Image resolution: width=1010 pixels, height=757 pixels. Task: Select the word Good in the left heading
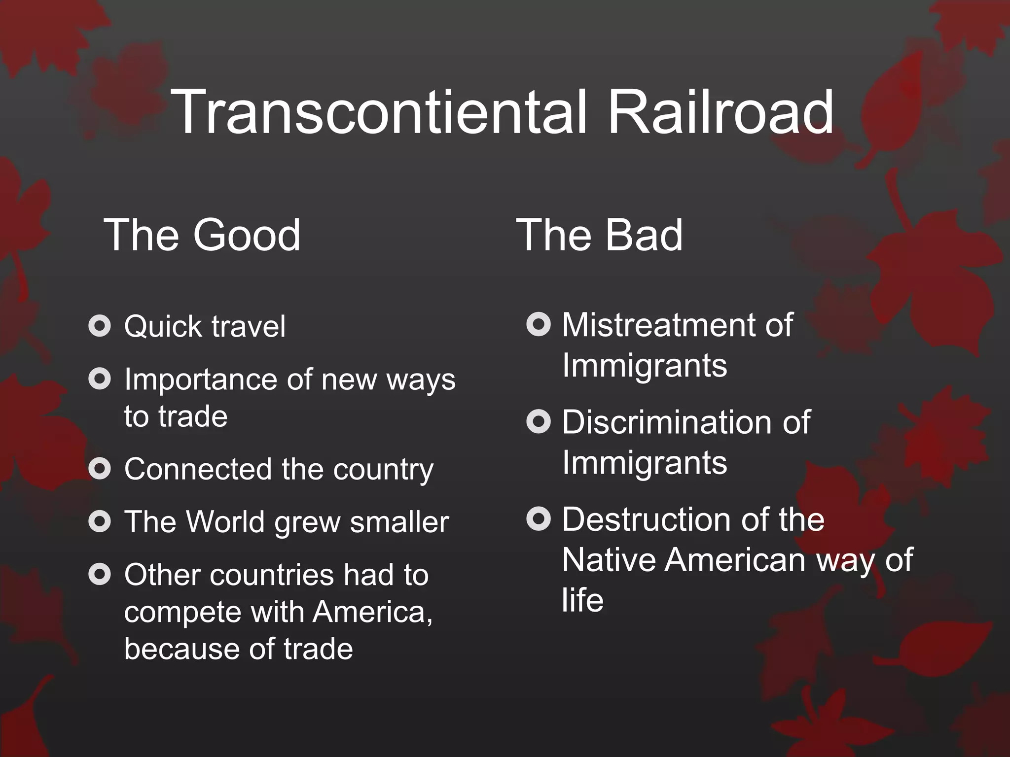[247, 235]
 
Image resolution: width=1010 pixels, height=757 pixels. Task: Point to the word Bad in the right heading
[644, 235]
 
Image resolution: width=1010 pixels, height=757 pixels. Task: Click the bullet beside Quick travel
[100, 325]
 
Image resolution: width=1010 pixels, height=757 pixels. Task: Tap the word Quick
[163, 327]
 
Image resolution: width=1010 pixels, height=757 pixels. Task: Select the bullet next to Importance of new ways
[100, 379]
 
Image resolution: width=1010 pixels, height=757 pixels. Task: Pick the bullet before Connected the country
[100, 468]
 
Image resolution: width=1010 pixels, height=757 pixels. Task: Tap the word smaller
[399, 522]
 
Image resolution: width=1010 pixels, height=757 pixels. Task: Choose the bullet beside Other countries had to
[100, 574]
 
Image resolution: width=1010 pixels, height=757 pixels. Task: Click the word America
[372, 612]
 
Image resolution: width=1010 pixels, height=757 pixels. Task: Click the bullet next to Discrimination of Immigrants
[538, 421]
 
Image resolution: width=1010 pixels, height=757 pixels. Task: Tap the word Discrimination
[669, 422]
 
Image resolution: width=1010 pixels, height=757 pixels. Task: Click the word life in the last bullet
[582, 600]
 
